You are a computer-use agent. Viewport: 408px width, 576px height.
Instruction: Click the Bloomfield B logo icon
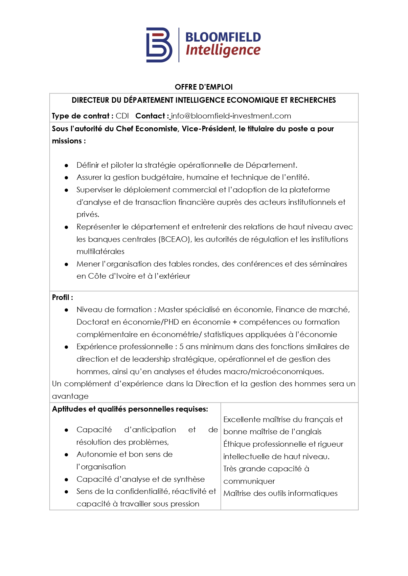159,45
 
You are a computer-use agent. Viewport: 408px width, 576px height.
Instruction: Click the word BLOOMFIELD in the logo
223,37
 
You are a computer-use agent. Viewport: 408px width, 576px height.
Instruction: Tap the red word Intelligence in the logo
223,50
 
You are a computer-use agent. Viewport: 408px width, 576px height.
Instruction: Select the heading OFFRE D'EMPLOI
204,87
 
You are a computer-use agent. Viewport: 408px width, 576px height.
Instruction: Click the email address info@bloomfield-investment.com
231,116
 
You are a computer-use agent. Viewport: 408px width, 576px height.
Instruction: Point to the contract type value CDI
122,116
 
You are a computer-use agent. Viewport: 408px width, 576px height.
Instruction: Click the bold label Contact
150,116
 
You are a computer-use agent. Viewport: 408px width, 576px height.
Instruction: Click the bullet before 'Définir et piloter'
66,165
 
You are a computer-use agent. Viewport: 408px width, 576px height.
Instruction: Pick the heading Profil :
62,297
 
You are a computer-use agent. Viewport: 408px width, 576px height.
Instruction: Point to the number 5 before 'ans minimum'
181,347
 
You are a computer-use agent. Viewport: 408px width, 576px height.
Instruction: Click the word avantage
70,396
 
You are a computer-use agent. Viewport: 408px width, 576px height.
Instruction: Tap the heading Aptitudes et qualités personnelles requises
130,409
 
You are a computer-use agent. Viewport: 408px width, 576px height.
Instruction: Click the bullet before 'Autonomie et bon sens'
66,455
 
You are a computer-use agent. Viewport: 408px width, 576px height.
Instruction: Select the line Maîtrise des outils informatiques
280,493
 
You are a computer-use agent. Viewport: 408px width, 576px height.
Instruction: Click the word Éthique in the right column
234,444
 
